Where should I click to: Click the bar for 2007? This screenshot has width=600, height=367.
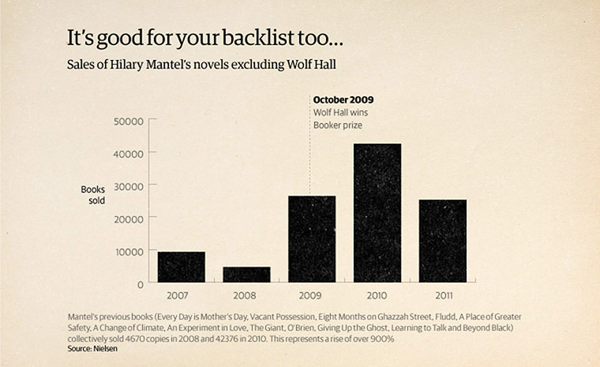click(181, 267)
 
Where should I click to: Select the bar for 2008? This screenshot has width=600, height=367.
click(246, 275)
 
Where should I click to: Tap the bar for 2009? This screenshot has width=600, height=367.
click(311, 239)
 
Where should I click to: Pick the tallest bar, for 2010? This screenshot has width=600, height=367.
click(377, 213)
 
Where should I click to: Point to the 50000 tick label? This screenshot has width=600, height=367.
click(129, 121)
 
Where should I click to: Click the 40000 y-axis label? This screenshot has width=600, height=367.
click(129, 153)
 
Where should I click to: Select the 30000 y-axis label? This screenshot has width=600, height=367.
click(129, 185)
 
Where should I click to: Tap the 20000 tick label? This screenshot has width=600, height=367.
click(129, 218)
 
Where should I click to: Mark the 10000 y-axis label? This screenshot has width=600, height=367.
click(129, 251)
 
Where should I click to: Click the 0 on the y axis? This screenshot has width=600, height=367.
click(140, 283)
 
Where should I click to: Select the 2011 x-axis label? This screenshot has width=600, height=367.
click(442, 295)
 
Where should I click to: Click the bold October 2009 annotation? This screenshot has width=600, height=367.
click(343, 100)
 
